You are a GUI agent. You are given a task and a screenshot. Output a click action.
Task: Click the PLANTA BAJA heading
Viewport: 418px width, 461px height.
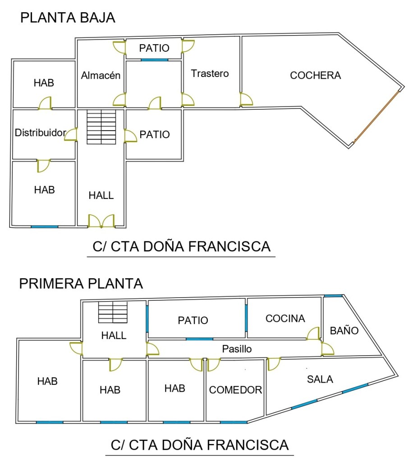pyautogui.click(x=68, y=18)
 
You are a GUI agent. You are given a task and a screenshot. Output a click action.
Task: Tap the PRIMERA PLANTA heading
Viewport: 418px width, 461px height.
pyautogui.click(x=81, y=284)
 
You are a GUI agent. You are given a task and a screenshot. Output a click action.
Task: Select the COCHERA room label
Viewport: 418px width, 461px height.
pyautogui.click(x=316, y=75)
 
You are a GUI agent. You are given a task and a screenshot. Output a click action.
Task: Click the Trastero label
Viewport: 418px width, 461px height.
pyautogui.click(x=210, y=73)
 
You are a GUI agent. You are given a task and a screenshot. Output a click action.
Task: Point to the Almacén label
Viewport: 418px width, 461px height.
pyautogui.click(x=101, y=75)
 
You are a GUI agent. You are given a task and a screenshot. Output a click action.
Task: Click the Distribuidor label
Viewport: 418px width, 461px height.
pyautogui.click(x=40, y=133)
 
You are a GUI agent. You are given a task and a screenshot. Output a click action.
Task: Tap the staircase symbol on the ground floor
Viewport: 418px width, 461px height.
pyautogui.click(x=101, y=127)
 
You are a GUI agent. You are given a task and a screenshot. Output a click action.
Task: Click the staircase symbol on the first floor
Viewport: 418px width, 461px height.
pyautogui.click(x=113, y=312)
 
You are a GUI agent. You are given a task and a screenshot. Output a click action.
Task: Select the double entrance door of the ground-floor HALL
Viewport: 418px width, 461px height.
pyautogui.click(x=101, y=221)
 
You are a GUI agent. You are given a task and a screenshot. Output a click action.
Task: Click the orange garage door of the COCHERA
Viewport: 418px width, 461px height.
pyautogui.click(x=377, y=117)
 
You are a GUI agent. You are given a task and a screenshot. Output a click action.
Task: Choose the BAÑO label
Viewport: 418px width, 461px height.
pyautogui.click(x=344, y=331)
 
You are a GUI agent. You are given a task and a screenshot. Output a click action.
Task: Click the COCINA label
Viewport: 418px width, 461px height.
pyautogui.click(x=285, y=318)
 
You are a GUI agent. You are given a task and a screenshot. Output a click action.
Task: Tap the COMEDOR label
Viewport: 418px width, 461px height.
pyautogui.click(x=235, y=390)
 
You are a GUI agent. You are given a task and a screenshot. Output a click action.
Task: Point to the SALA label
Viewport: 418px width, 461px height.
pyautogui.click(x=320, y=379)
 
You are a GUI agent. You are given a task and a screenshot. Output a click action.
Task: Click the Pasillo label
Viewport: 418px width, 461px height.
pyautogui.click(x=237, y=349)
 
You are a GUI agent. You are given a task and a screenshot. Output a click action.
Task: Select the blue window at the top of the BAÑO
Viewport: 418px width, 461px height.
pyautogui.click(x=333, y=296)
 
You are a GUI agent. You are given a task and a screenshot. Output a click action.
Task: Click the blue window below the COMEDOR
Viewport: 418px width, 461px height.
pyautogui.click(x=234, y=422)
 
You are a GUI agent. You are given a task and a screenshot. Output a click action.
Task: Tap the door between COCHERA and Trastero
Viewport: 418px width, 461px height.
pyautogui.click(x=246, y=99)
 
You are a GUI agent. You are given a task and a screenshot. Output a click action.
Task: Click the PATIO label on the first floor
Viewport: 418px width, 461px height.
pyautogui.click(x=193, y=320)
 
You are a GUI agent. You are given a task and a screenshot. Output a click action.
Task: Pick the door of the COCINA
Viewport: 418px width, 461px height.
pyautogui.click(x=313, y=333)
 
